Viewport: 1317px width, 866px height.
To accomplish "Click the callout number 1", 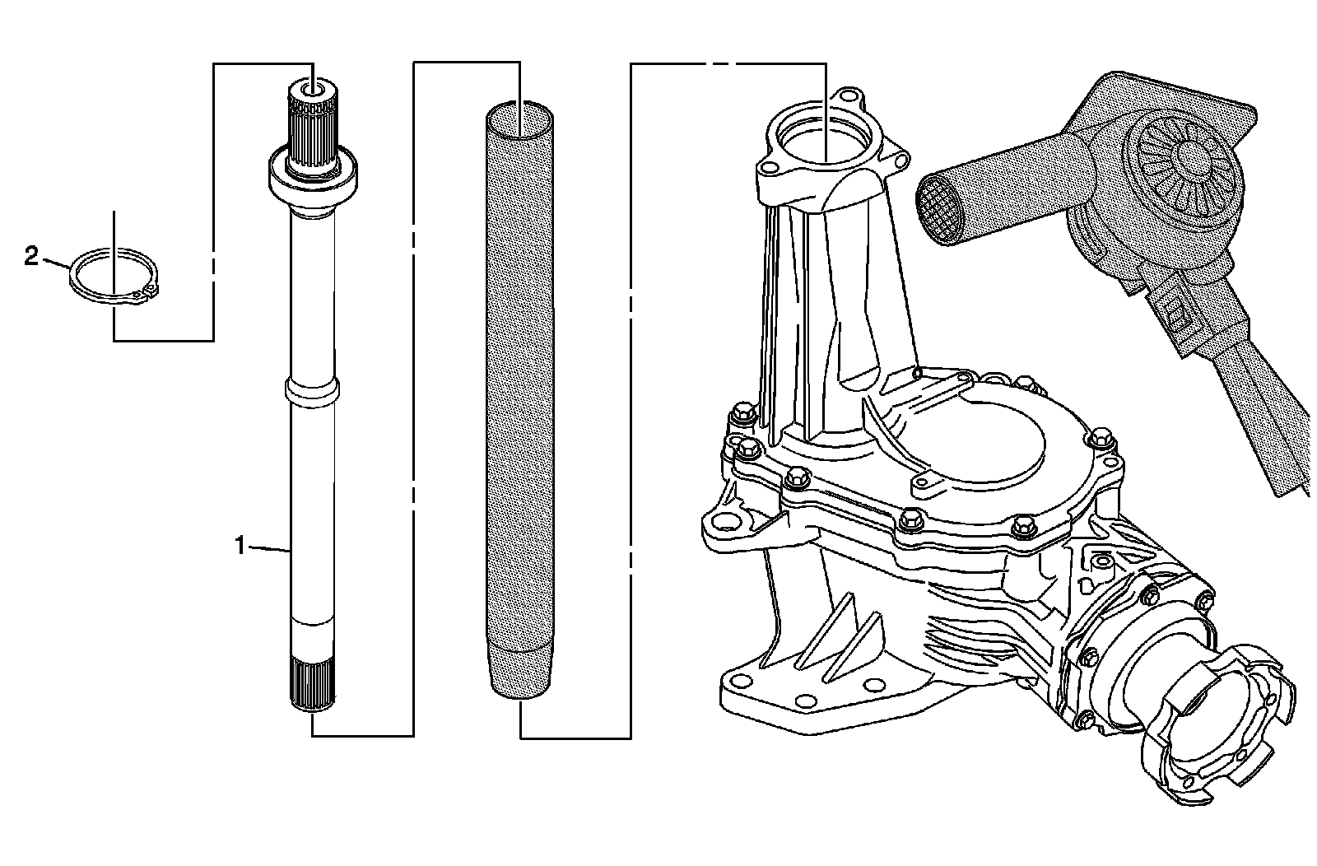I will pos(240,545).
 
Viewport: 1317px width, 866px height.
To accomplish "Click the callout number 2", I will pos(31,258).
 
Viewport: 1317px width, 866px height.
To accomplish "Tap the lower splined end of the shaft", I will pos(313,682).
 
